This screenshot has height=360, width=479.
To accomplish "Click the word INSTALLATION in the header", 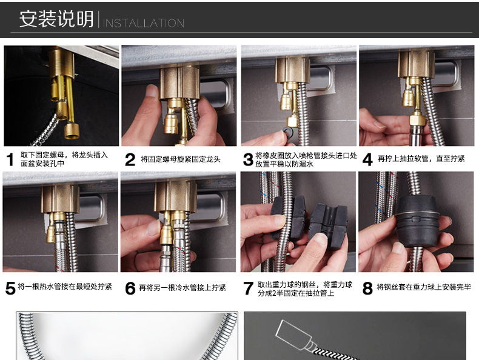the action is pos(143,23).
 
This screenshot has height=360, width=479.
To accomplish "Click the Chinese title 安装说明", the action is pos(56,19).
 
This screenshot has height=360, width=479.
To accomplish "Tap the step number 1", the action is pos(10,159).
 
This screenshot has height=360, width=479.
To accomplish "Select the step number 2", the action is pos(130,159).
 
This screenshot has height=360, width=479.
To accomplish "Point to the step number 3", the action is pos(248,159).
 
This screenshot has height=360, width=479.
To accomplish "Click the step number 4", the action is pos(367,159).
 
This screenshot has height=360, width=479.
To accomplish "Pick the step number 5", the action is pos(10,288).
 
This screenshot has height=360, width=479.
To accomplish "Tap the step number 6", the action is pos(130,288).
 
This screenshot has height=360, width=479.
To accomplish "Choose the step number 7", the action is pos(248,288).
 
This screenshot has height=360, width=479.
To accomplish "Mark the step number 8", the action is pos(367,288).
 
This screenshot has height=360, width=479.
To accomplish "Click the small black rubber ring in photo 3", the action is pos(287,132).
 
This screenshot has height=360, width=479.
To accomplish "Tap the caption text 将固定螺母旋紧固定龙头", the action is pos(181,159).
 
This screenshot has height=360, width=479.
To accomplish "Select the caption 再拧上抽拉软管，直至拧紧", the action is pos(421,158).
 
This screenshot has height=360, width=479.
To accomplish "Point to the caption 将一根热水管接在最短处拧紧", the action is pos(65,287).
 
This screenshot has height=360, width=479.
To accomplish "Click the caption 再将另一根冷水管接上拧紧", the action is pos(183,288).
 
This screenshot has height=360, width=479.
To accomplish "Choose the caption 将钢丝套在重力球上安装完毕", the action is pos(424,287).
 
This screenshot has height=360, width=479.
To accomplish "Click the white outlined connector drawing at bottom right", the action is pos(294,336).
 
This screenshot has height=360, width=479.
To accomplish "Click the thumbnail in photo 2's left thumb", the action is pos(152,91).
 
